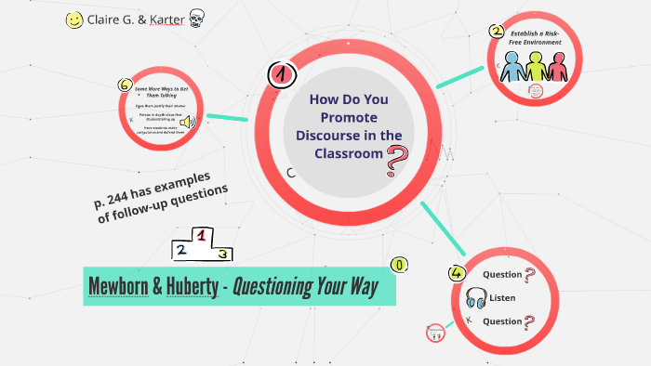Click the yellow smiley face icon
click(x=75, y=20)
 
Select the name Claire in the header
click(x=108, y=20)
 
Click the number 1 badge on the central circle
click(x=277, y=73)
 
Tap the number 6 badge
click(x=125, y=85)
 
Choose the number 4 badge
click(x=456, y=272)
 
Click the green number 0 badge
click(x=400, y=266)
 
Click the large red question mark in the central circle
click(x=397, y=160)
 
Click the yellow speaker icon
click(x=186, y=123)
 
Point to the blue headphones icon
click(x=477, y=299)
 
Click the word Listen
click(x=503, y=298)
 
